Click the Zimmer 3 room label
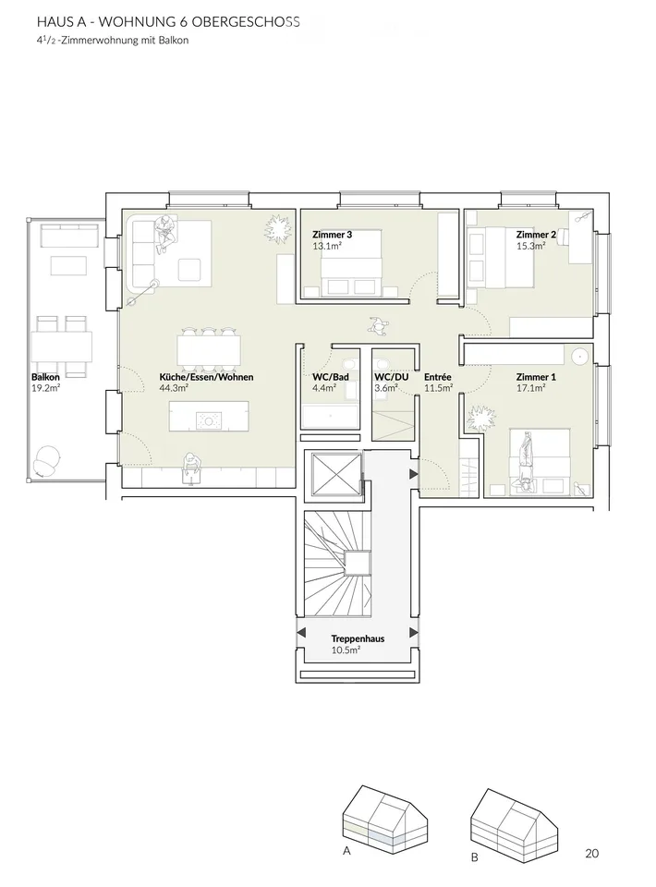[x=332, y=235]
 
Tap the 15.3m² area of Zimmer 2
[x=530, y=246]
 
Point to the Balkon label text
[x=45, y=377]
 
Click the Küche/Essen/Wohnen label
[x=206, y=377]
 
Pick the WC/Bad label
[x=330, y=377]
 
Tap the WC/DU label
[x=392, y=377]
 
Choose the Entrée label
[x=438, y=377]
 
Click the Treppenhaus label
[x=358, y=638]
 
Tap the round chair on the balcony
[x=46, y=459]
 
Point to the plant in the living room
[x=278, y=228]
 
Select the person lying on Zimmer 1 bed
[x=527, y=463]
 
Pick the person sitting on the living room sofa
[x=164, y=234]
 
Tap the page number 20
[x=591, y=854]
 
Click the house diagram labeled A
[x=384, y=817]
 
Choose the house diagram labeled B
[x=514, y=821]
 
